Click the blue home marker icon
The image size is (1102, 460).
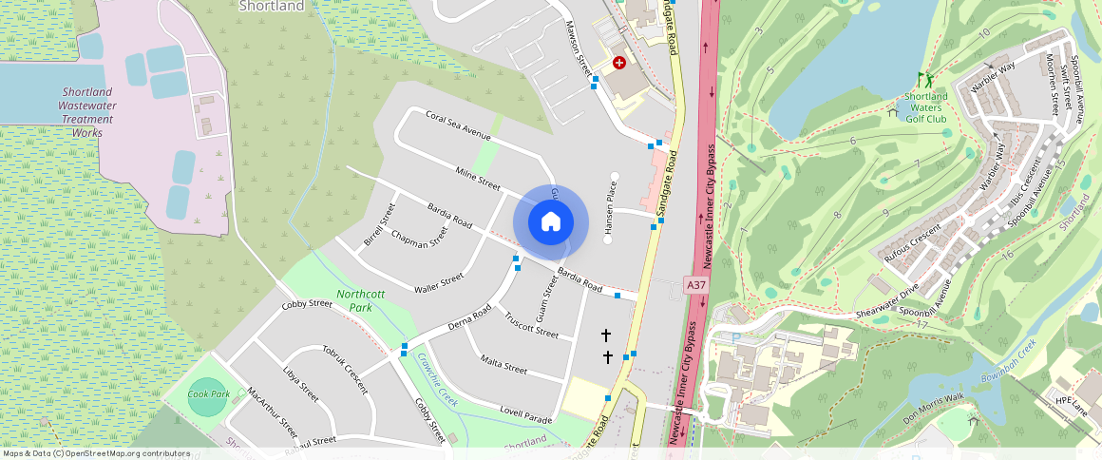[550, 222]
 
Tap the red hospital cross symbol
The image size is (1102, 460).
[619, 64]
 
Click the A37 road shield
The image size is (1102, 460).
[695, 284]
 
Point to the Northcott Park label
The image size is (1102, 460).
[360, 300]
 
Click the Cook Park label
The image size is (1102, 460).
[208, 393]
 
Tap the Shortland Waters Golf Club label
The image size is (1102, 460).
[925, 108]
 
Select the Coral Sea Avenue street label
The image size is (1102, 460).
[458, 126]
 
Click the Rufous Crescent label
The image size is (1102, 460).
[911, 243]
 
